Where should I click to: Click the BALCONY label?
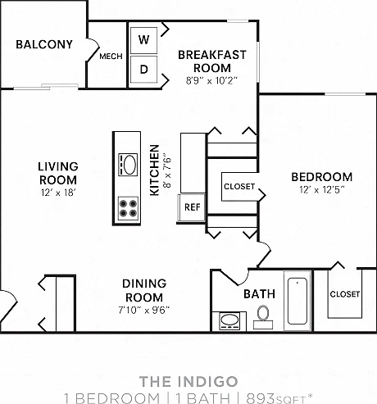(44, 44)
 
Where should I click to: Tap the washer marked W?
(143, 40)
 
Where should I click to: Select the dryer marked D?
(143, 69)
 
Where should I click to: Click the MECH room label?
(111, 57)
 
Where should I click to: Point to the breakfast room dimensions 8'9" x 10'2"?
(211, 80)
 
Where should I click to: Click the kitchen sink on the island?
(128, 165)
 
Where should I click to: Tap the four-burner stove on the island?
(128, 208)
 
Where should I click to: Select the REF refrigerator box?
(192, 207)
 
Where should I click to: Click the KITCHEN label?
(155, 170)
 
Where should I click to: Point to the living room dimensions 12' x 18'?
(58, 193)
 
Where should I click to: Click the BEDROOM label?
(322, 177)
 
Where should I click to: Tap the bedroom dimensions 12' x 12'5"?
(322, 189)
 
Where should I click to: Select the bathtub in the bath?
(298, 301)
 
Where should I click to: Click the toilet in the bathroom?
(263, 317)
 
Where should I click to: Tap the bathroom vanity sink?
(229, 321)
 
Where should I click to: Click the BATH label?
(259, 294)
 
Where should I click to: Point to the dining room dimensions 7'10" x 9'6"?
(144, 310)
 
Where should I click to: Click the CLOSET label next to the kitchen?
(239, 187)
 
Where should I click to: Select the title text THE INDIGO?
(188, 381)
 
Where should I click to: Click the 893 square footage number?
(261, 398)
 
